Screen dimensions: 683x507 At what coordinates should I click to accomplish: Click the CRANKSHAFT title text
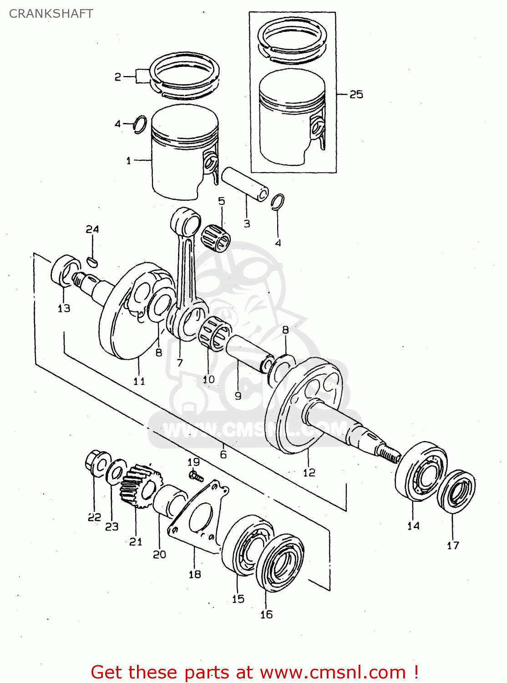tap(51, 14)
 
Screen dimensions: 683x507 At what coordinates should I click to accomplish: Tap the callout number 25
tap(356, 94)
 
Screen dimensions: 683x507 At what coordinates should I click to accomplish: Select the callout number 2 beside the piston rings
tap(117, 77)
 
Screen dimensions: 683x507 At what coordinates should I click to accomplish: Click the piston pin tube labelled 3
tap(245, 184)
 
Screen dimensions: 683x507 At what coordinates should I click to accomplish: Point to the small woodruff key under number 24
tap(92, 261)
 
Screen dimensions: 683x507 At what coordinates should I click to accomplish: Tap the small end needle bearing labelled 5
tap(216, 238)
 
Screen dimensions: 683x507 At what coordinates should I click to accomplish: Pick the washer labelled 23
tap(116, 472)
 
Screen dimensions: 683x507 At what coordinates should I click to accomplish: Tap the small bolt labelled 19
tap(196, 476)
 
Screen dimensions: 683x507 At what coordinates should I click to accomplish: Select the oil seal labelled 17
tap(456, 492)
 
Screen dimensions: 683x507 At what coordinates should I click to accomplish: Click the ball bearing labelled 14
tap(421, 471)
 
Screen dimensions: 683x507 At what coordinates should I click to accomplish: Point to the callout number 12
tap(309, 473)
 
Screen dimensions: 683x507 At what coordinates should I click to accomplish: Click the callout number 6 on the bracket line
tap(223, 454)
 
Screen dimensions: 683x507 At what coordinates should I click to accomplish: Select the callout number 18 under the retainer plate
tap(194, 574)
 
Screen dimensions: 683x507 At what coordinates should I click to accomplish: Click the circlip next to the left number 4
tap(140, 125)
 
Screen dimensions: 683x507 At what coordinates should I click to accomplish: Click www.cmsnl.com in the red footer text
tap(332, 673)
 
